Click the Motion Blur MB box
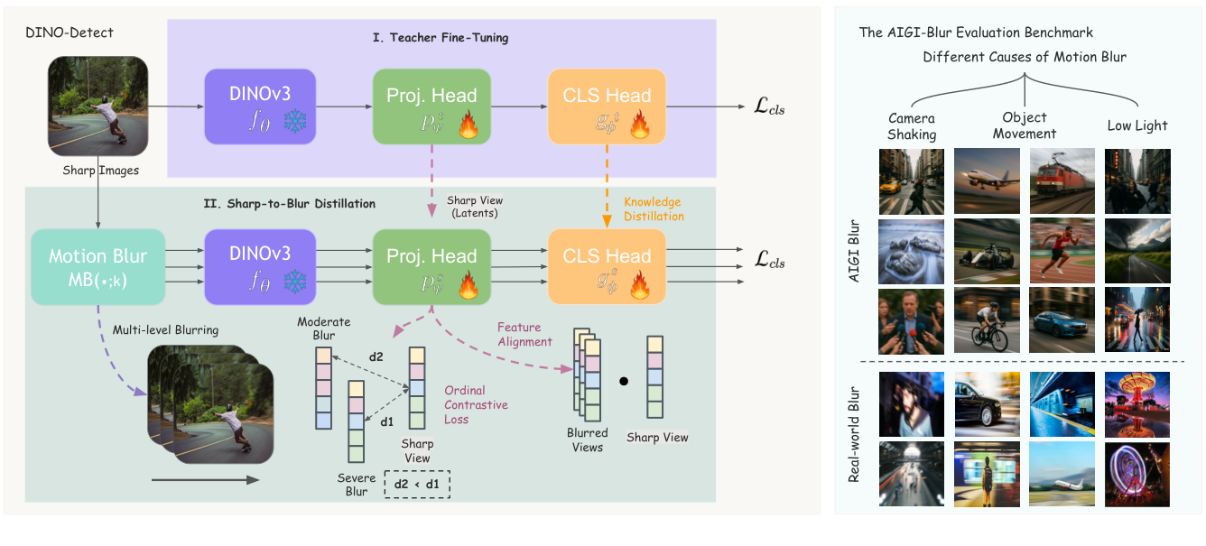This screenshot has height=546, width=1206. (x=97, y=266)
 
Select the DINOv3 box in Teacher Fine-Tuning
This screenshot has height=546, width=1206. (x=260, y=106)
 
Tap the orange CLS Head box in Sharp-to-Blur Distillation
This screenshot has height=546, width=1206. (x=607, y=266)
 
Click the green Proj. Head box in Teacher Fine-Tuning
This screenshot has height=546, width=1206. (x=431, y=106)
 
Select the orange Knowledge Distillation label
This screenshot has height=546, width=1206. (x=652, y=209)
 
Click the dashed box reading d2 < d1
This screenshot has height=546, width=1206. (x=416, y=484)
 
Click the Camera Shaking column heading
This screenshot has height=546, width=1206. (x=912, y=126)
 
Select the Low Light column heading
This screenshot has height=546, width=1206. (x=1137, y=125)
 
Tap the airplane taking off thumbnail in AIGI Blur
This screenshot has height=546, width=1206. (x=987, y=180)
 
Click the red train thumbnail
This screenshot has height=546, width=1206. (x=1062, y=180)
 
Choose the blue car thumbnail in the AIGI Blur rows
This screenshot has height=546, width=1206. (x=1062, y=319)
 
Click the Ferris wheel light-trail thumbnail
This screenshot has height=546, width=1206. (x=1137, y=474)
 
